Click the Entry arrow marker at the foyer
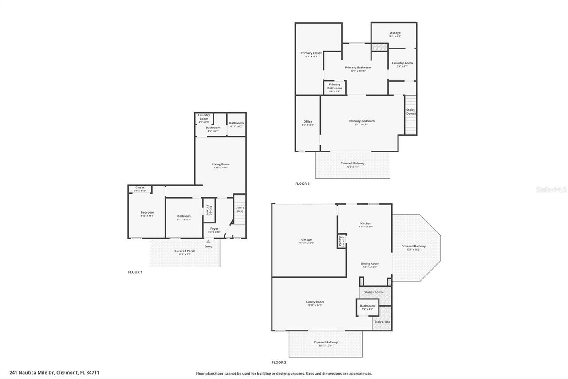click(x=208, y=241)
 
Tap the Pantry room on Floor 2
click(x=341, y=241)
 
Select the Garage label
click(x=306, y=240)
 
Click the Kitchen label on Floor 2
click(x=366, y=223)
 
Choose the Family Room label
click(x=315, y=302)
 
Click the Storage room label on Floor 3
click(x=395, y=33)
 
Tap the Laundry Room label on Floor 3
click(x=402, y=63)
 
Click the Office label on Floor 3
click(x=308, y=122)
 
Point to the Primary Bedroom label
click(x=362, y=121)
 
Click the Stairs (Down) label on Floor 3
click(x=410, y=112)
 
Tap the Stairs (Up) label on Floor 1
click(x=240, y=209)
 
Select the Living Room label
click(x=221, y=164)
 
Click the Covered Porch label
click(x=185, y=251)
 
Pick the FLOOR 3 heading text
click(x=302, y=184)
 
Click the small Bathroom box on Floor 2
click(x=367, y=307)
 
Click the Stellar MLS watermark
click(x=551, y=189)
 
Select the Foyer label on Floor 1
click(x=214, y=229)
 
